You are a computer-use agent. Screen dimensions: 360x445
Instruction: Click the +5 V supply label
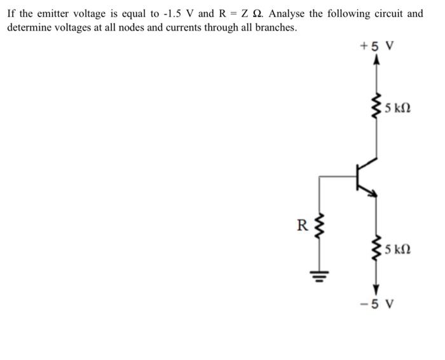click(377, 46)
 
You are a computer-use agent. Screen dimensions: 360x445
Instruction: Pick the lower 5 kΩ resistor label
click(398, 250)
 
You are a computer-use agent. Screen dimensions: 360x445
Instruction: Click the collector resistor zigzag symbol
click(377, 108)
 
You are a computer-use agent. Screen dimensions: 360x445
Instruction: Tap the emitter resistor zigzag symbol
click(377, 250)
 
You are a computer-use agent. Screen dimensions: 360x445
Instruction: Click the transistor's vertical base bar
click(357, 177)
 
